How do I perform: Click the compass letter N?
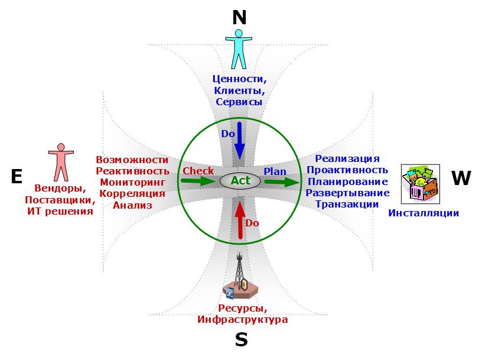[x=239, y=18]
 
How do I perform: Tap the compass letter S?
[x=242, y=340]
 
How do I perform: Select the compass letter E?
[x=17, y=176]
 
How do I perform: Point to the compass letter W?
[x=461, y=178]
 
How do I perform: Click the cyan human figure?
[x=239, y=49]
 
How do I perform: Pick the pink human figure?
[x=61, y=162]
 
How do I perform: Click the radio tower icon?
[x=240, y=275]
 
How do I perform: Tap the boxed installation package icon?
[x=421, y=184]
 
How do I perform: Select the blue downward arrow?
[x=239, y=141]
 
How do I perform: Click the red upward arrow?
[x=240, y=220]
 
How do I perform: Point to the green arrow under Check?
[x=198, y=181]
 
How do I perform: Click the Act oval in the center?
[x=240, y=181]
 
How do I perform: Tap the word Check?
[x=198, y=171]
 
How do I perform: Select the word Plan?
[x=275, y=171]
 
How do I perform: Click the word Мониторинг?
[x=132, y=182]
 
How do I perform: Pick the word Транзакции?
[x=347, y=204]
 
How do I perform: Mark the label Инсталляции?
[x=424, y=213]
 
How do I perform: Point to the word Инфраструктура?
[x=243, y=319]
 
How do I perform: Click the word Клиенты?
[x=239, y=90]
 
